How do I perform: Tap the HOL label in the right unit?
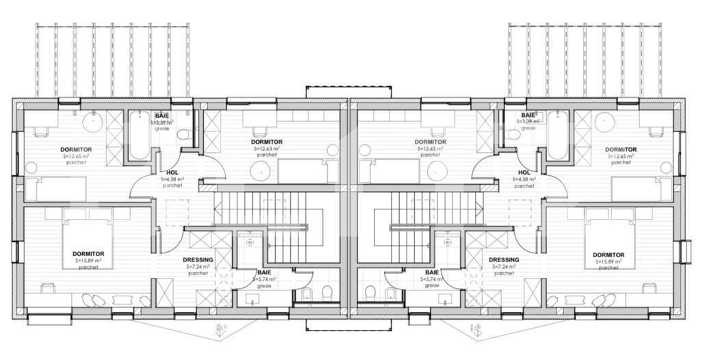pos(524,173)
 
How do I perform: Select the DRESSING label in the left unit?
pos(198,260)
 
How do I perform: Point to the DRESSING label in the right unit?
pos(504,260)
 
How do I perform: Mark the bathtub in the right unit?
pos(557,136)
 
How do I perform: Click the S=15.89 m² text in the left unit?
pos(88,261)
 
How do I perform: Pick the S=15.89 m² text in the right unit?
pos(608,261)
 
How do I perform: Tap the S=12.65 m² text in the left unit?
pos(77,156)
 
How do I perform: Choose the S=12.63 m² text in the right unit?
pos(430,149)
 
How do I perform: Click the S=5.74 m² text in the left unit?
pos(264,279)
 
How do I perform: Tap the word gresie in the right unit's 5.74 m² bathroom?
pos(432,285)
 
